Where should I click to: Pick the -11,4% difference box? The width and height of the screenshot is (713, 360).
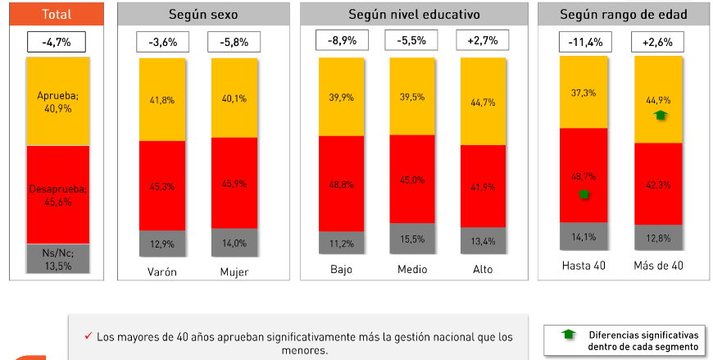(584, 42)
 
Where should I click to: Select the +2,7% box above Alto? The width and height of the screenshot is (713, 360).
(483, 40)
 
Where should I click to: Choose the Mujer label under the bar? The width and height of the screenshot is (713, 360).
(234, 271)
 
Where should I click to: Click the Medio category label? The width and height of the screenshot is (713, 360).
(412, 269)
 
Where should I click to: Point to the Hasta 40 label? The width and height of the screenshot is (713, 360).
(584, 266)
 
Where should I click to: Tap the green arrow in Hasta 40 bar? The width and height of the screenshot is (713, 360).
(584, 194)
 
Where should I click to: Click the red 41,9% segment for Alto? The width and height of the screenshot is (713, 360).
(483, 187)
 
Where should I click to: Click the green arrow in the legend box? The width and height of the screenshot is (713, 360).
(565, 335)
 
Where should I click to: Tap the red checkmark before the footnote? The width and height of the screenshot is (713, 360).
(88, 336)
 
